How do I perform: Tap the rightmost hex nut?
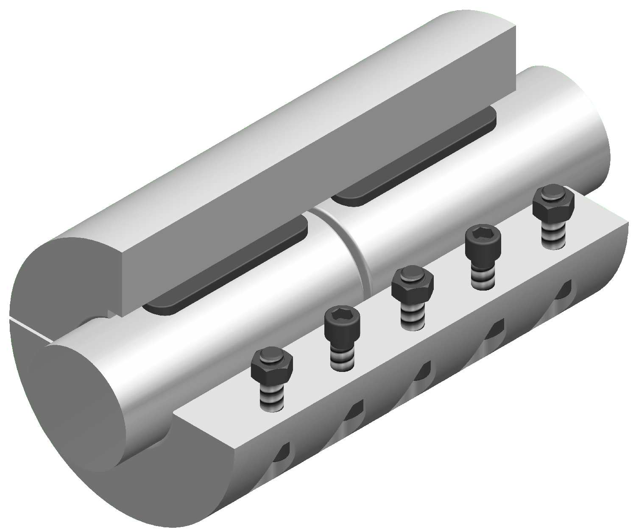point(553,203)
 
